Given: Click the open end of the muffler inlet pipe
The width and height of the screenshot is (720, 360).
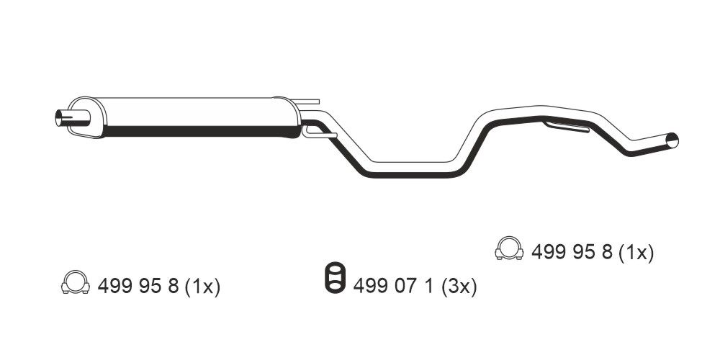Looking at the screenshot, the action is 59,119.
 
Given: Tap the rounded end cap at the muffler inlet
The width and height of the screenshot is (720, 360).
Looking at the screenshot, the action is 87,117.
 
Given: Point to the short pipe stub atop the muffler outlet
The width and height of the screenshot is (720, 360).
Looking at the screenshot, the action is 305,101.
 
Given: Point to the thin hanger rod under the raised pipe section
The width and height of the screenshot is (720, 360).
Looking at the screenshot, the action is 566,126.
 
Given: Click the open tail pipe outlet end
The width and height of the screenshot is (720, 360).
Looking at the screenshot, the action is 672,140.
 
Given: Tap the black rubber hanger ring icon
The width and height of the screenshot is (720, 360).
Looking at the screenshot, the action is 335,277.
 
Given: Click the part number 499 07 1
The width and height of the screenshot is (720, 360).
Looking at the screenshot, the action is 393,287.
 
